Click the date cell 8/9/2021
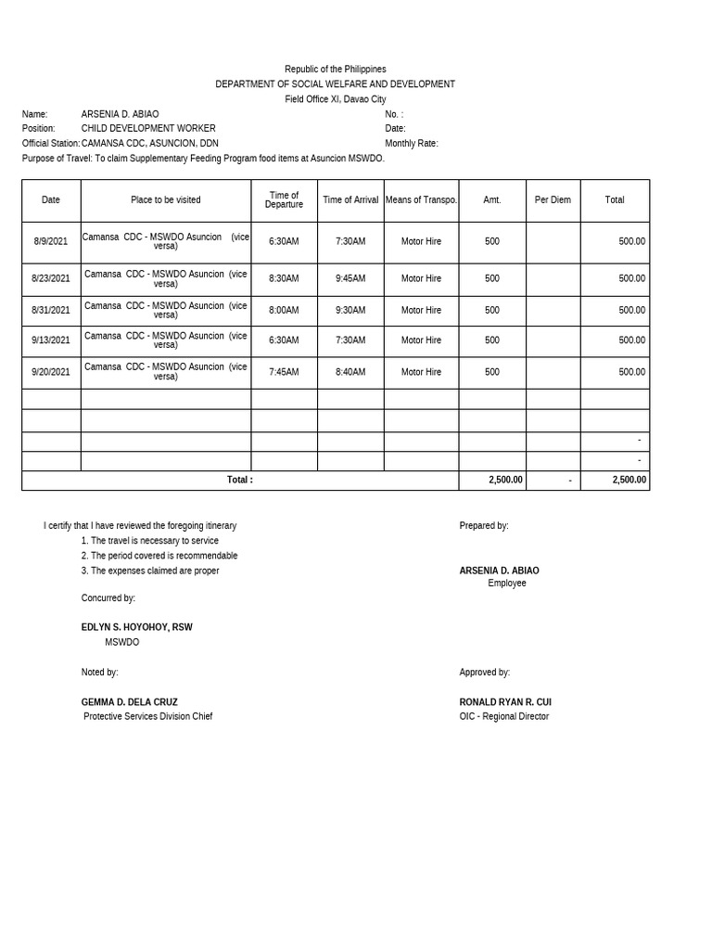tap(51, 241)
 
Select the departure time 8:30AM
tap(284, 278)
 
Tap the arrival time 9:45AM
tap(350, 278)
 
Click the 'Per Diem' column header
tap(553, 200)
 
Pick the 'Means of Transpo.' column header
tap(421, 200)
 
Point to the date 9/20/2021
tap(51, 372)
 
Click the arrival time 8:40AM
tap(350, 372)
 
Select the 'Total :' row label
tap(239, 481)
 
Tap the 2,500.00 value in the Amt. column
tap(505, 481)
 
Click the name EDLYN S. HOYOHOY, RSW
tap(137, 627)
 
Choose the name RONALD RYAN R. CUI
tap(505, 702)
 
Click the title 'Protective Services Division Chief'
tap(148, 716)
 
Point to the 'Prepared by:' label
tap(484, 526)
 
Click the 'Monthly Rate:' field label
tap(412, 144)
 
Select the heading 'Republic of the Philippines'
tap(335, 70)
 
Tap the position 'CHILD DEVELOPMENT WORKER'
tap(148, 129)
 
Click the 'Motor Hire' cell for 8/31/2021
tap(421, 311)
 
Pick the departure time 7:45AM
tap(284, 372)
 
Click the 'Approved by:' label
tap(485, 673)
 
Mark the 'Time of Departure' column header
tap(284, 200)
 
